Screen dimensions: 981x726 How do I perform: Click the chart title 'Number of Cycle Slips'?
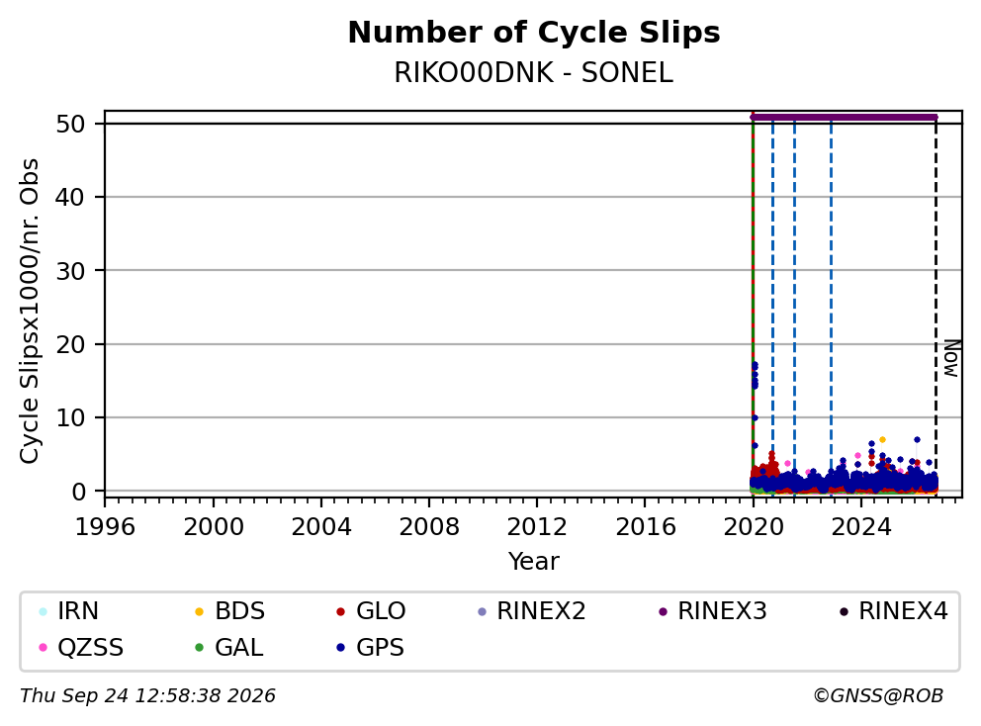point(534,33)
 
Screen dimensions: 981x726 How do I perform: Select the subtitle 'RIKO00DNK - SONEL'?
point(534,73)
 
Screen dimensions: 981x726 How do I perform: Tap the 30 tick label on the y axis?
point(70,271)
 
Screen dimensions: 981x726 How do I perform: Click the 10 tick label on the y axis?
point(70,418)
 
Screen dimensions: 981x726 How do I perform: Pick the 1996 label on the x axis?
point(105,527)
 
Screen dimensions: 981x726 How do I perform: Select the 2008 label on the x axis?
point(429,527)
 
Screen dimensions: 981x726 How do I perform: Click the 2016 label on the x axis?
point(646,527)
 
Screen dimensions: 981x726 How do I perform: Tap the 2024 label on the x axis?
point(861,527)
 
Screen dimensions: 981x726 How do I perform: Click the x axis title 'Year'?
point(534,562)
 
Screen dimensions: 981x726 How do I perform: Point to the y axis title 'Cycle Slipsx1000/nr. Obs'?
point(30,311)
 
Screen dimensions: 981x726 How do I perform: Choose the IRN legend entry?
point(69,611)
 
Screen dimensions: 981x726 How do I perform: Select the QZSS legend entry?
point(81,647)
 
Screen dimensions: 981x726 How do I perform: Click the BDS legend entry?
point(229,611)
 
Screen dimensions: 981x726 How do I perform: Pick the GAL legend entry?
point(229,647)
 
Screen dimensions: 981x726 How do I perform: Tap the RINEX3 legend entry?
point(713,611)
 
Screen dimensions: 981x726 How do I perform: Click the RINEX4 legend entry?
point(893,611)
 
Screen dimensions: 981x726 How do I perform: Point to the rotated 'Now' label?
point(951,358)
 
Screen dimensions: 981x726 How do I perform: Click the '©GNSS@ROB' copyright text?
point(878,695)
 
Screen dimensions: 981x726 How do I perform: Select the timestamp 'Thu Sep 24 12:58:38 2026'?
point(147,695)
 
